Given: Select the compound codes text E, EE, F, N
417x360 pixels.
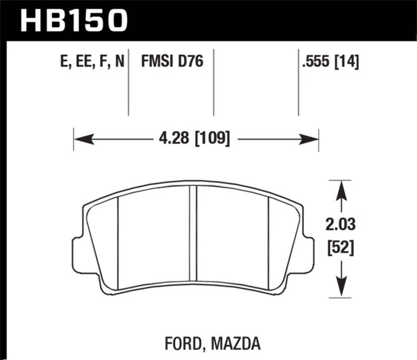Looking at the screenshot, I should tap(93, 63).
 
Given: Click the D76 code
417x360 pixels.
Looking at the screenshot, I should tap(192, 62).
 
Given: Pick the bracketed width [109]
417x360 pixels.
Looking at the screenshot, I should tap(212, 139).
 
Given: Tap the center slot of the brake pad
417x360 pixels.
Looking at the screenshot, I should tap(193, 233).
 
